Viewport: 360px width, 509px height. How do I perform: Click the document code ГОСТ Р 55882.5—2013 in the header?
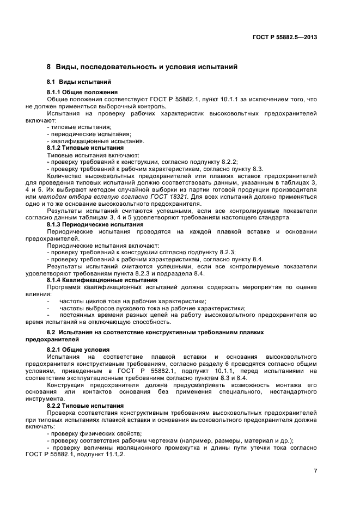coord(285,38)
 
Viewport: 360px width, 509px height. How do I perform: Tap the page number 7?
coord(315,471)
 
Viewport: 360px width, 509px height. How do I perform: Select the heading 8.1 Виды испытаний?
coord(75,82)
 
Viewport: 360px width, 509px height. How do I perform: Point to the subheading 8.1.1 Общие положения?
coord(82,92)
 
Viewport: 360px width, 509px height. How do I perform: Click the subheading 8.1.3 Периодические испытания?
coord(95,224)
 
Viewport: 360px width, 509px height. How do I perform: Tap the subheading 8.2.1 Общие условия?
coord(78,349)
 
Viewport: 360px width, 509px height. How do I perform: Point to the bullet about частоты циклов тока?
coord(132,301)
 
